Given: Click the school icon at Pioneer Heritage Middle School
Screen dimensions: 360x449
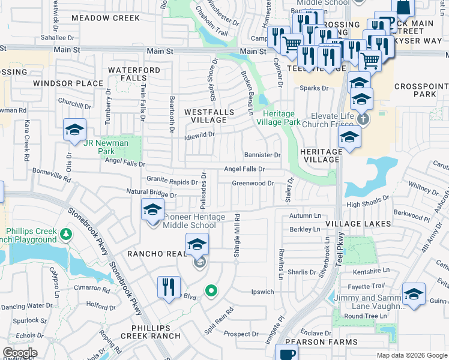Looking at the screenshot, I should (152, 211).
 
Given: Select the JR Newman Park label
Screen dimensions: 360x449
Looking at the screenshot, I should (106, 143).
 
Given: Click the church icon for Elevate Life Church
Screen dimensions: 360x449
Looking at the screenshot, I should (363, 119).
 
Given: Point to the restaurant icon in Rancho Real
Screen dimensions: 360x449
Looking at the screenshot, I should (168, 287).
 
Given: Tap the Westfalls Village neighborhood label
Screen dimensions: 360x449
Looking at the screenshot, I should (205, 116).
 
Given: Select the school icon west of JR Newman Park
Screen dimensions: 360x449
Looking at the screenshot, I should (75, 130).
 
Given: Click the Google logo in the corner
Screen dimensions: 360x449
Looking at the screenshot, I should (20, 353).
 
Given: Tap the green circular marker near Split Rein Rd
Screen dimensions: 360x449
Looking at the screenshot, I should (211, 292).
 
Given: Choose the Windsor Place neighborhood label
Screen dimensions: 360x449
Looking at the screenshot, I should (68, 83).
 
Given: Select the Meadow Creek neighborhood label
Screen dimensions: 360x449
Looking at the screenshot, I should (105, 19).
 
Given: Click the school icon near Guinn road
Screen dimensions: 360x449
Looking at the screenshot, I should (413, 295).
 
